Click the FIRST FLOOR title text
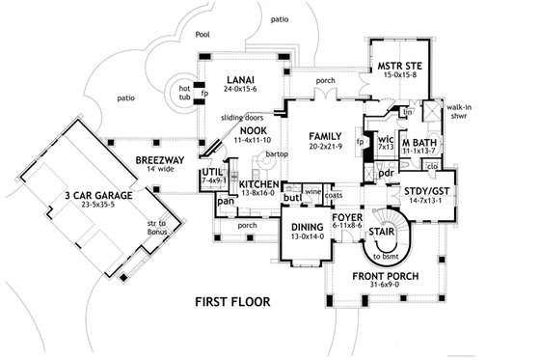coord(229,300)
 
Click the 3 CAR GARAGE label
coord(84,194)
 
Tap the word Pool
coord(203,33)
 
